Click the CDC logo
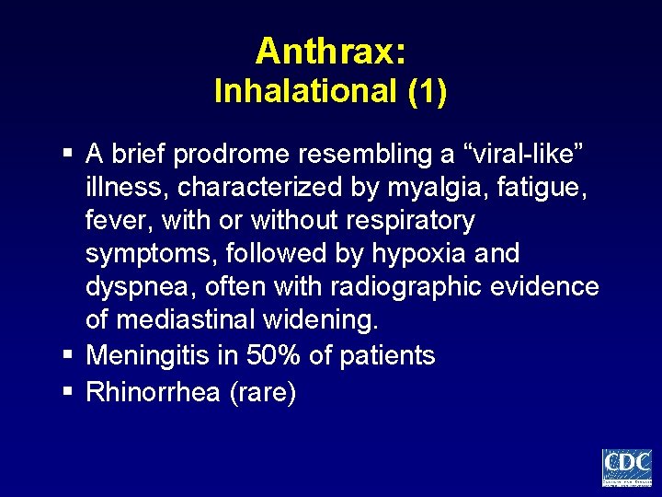(x=626, y=467)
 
